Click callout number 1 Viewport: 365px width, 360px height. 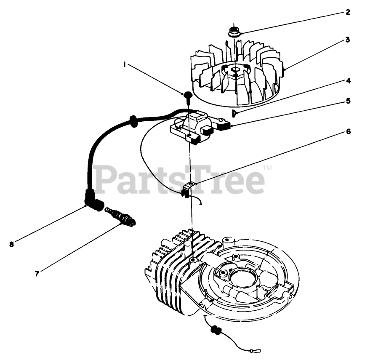point(125,64)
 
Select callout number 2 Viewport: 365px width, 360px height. point(348,12)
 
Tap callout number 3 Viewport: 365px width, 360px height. point(347,40)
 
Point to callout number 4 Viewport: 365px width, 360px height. point(348,81)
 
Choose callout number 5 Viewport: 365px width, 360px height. point(348,101)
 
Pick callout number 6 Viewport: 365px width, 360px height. point(348,131)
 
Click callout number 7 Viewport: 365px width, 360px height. point(37,274)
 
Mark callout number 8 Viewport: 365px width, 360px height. point(12,244)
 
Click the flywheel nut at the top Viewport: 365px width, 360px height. point(234,32)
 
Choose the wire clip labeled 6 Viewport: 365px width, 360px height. point(186,189)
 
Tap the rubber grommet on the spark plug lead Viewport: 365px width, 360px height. point(133,121)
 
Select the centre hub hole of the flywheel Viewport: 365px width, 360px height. point(235,69)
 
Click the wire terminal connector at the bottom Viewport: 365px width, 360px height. point(255,351)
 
